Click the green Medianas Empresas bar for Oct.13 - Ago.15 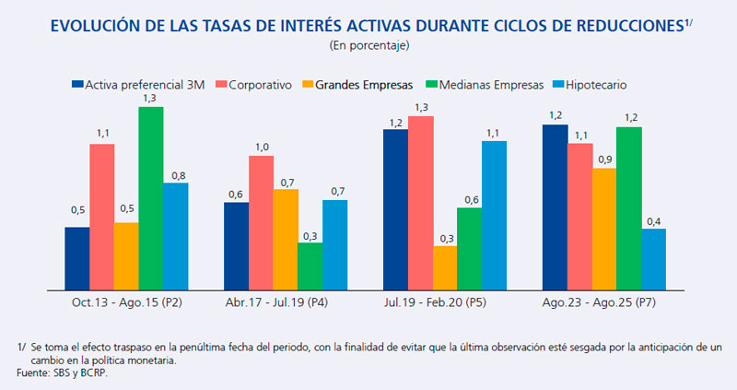pyautogui.click(x=151, y=198)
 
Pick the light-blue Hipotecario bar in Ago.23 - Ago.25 pyautogui.click(x=654, y=259)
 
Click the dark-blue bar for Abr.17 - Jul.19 pyautogui.click(x=236, y=245)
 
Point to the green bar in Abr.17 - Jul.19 pyautogui.click(x=310, y=266)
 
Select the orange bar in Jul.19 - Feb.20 pyautogui.click(x=444, y=267)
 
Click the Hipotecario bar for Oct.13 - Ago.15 pyautogui.click(x=176, y=236)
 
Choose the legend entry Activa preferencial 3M pyautogui.click(x=137, y=85)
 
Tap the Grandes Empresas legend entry pyautogui.click(x=361, y=85)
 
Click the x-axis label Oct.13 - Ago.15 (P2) pyautogui.click(x=126, y=302)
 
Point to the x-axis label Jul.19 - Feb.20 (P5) pyautogui.click(x=444, y=302)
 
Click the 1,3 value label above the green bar pyautogui.click(x=151, y=97)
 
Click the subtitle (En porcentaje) pyautogui.click(x=368, y=44)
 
